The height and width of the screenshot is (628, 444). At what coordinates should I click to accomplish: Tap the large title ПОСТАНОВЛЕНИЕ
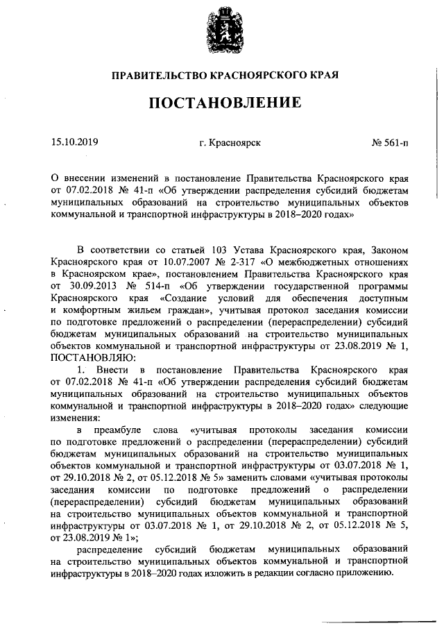(x=222, y=103)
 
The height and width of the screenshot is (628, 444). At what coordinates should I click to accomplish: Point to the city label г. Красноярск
(x=229, y=143)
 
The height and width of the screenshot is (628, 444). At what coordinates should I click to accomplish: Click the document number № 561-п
(x=390, y=143)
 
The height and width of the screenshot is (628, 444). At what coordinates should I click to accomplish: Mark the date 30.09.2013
(x=72, y=286)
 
